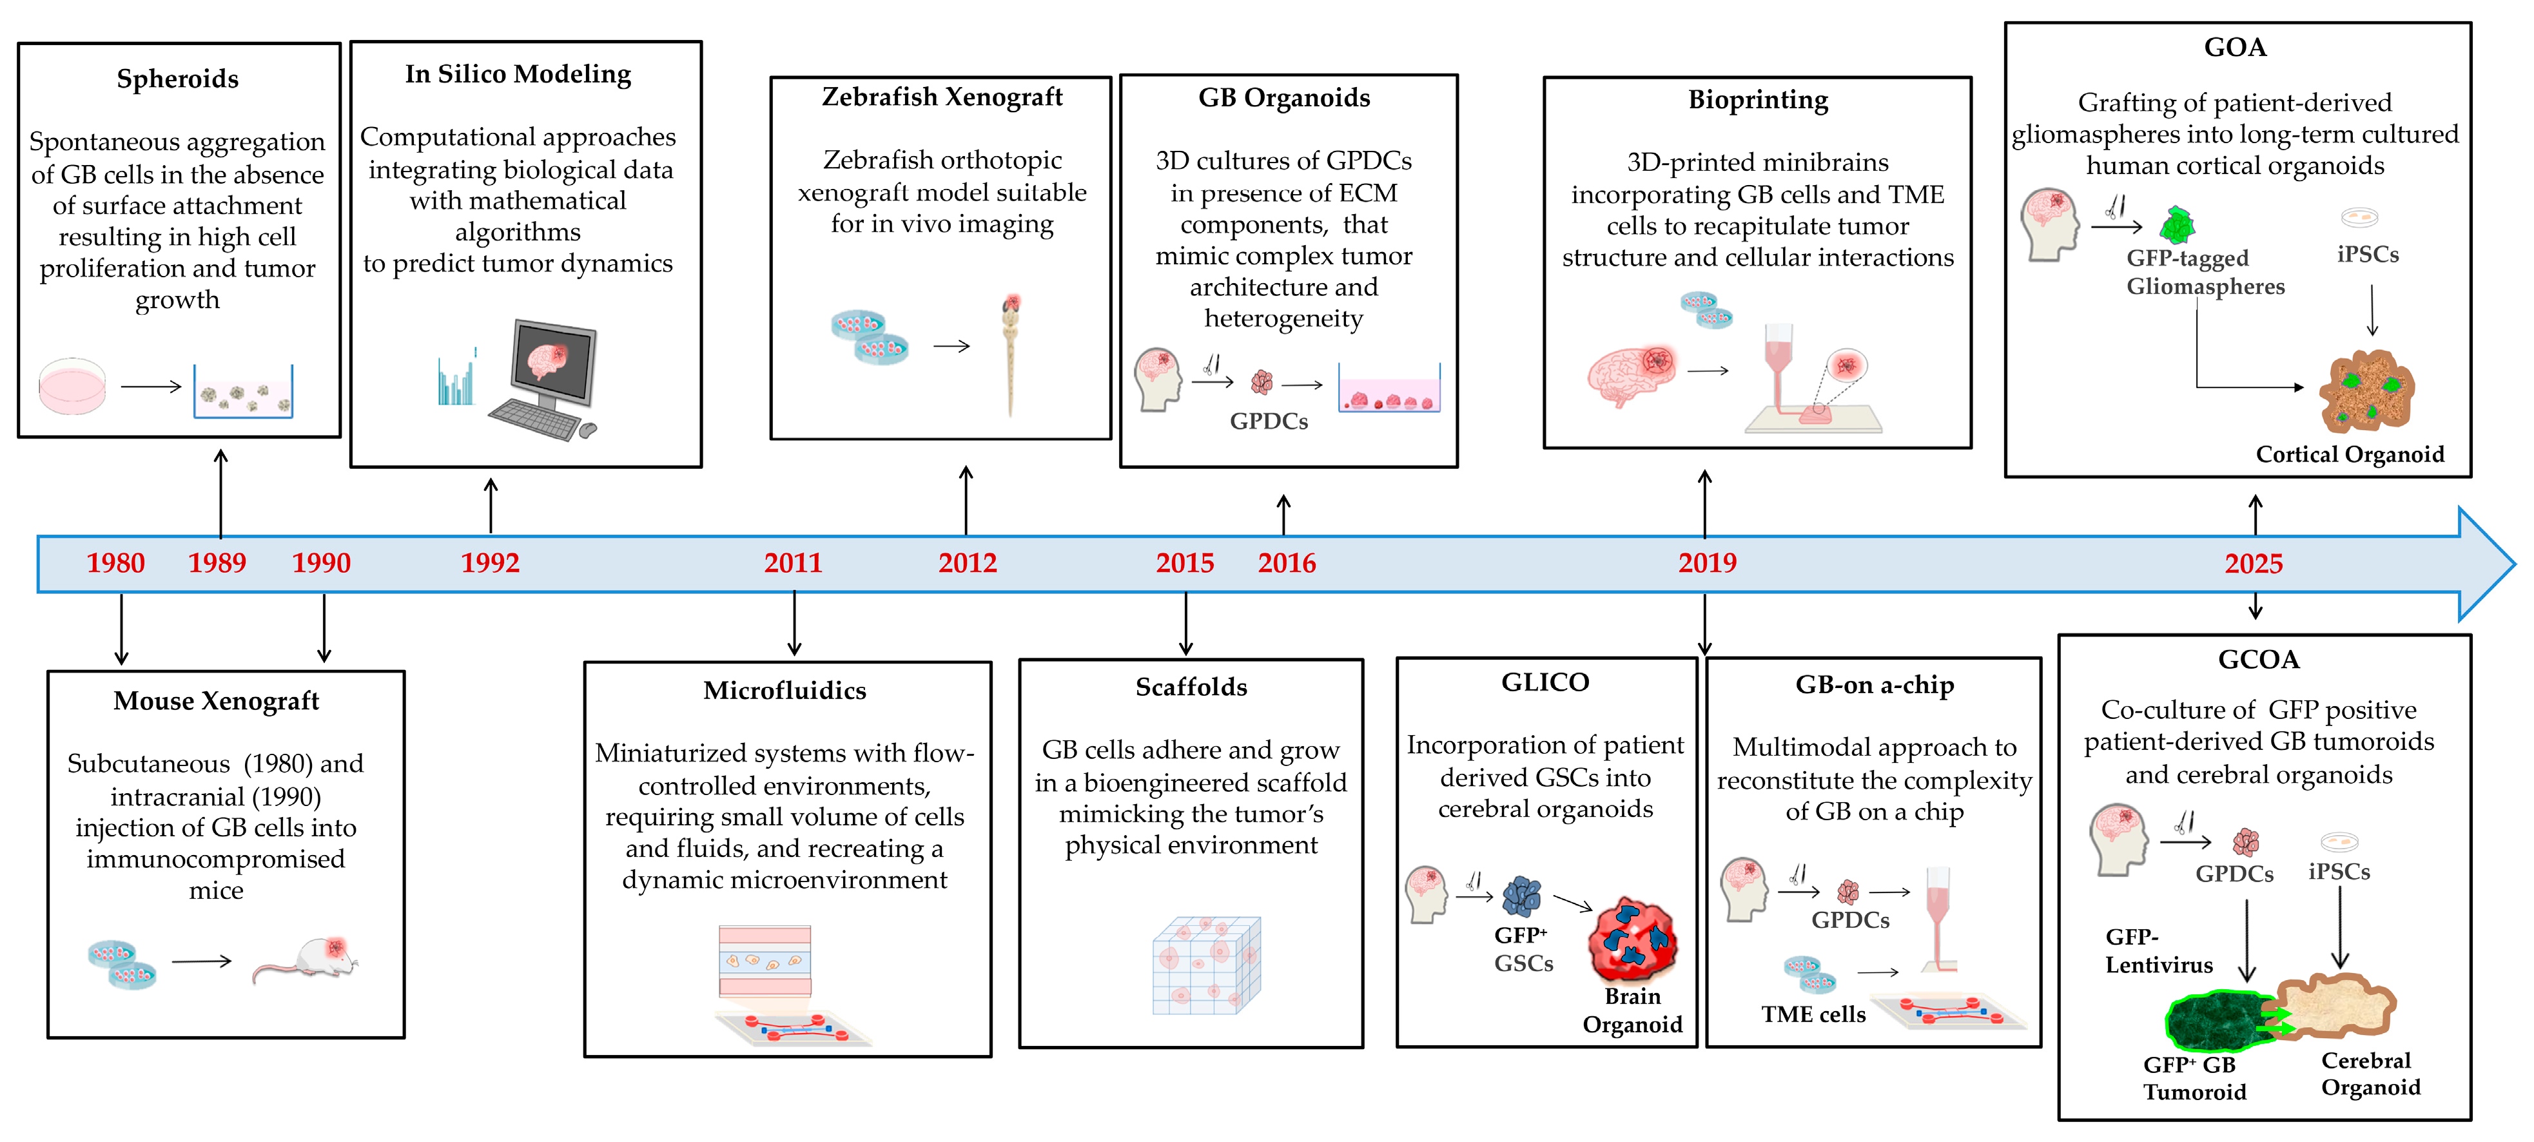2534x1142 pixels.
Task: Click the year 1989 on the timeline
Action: click(x=217, y=563)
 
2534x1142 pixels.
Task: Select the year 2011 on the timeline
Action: click(x=793, y=563)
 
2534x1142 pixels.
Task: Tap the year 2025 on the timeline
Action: click(x=2253, y=564)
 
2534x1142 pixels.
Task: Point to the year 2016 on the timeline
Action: click(x=1287, y=563)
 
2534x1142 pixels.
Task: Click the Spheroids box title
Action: click(x=178, y=79)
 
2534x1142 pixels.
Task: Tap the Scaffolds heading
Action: click(x=1191, y=687)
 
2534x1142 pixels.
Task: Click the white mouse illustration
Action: click(x=310, y=959)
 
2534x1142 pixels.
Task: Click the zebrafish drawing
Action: click(x=1010, y=354)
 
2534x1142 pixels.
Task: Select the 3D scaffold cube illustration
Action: click(x=1206, y=966)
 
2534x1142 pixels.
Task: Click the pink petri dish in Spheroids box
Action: click(x=72, y=386)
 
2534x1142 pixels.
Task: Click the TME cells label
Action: click(x=1813, y=1014)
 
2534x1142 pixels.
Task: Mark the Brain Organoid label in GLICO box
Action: click(x=1632, y=1010)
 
